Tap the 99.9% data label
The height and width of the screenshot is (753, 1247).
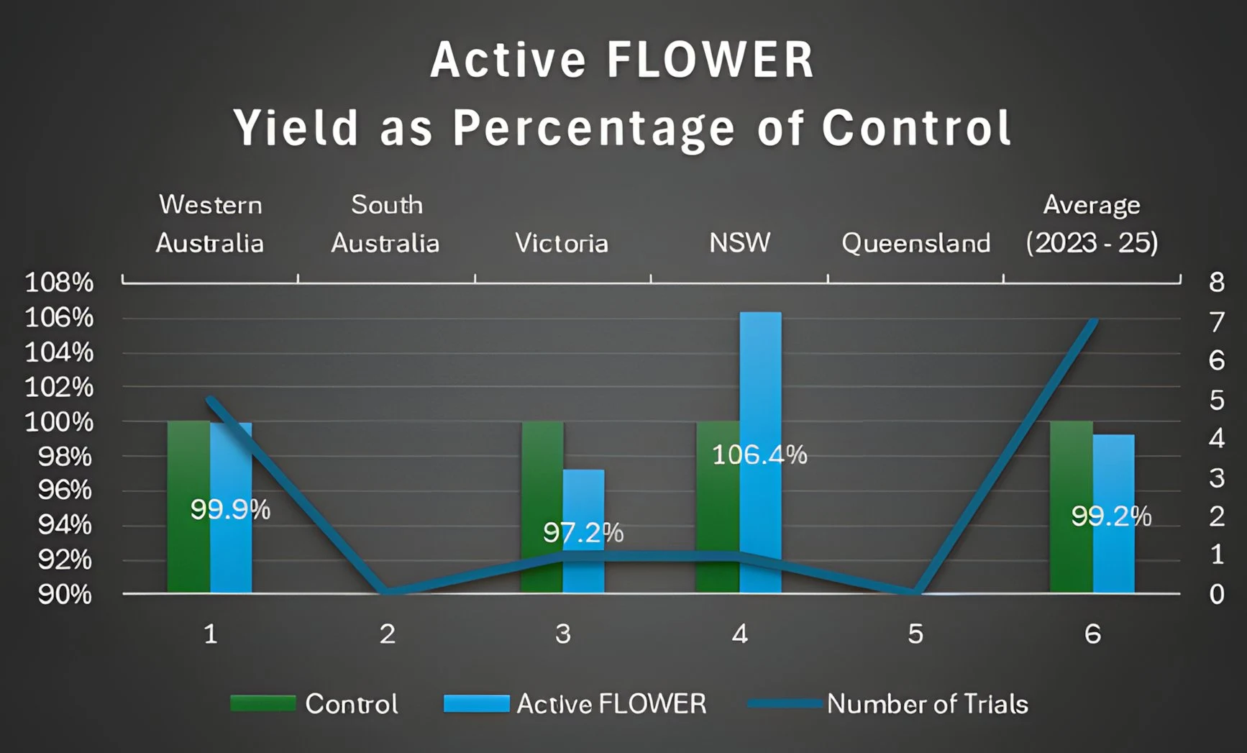(x=230, y=510)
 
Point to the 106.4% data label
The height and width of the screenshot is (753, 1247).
(x=759, y=455)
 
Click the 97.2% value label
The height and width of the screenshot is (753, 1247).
(x=583, y=533)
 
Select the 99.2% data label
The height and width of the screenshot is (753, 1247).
(x=1111, y=516)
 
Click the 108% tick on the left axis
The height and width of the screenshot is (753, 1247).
(x=59, y=283)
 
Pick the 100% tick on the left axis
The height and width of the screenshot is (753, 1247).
(x=59, y=422)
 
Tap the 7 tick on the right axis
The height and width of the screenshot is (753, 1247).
(x=1216, y=322)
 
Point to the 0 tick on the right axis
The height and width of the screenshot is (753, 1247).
(x=1216, y=594)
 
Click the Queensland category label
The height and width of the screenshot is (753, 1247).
(x=915, y=243)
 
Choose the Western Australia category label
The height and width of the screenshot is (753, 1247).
(x=210, y=224)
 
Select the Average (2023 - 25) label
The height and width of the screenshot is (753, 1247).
(x=1092, y=224)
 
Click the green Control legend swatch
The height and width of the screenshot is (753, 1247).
(x=262, y=703)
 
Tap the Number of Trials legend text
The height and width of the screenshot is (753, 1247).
(x=927, y=704)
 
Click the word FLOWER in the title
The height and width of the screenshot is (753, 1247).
(x=710, y=60)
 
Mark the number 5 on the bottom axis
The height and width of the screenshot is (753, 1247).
(x=915, y=634)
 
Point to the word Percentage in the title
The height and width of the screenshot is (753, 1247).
(x=594, y=129)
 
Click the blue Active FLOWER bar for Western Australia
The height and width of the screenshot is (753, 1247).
(x=232, y=547)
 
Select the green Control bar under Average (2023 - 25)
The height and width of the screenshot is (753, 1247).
(x=1071, y=507)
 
